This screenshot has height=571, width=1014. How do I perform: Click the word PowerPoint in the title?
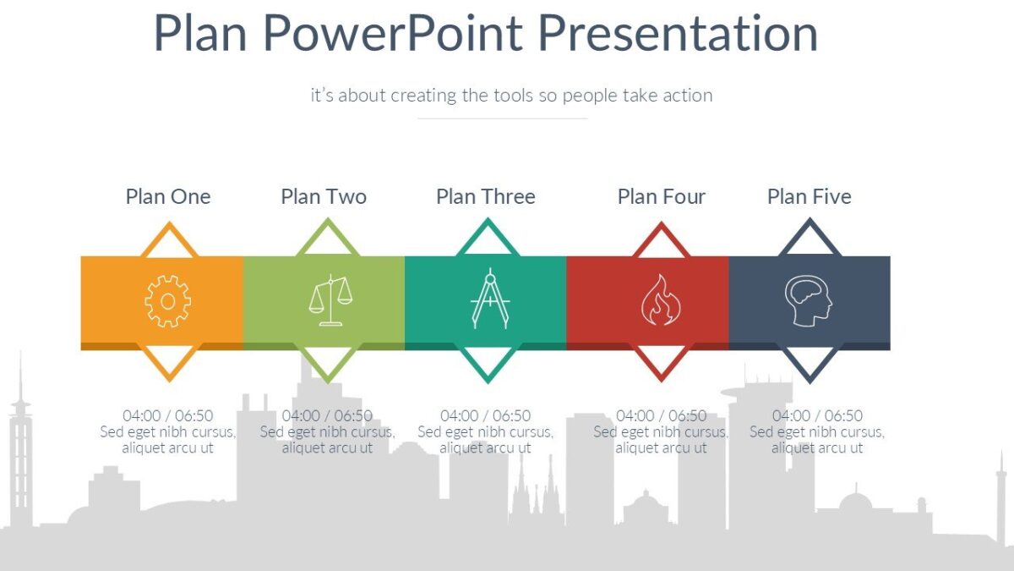tap(393, 34)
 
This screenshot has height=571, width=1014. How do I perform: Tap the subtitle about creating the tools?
tap(511, 95)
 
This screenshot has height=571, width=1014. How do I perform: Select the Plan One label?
tap(167, 196)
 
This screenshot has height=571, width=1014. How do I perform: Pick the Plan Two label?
tap(324, 196)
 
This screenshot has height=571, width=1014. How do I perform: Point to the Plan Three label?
tap(486, 196)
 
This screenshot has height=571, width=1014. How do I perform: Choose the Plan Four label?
tap(661, 196)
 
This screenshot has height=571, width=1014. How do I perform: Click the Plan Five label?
tap(809, 196)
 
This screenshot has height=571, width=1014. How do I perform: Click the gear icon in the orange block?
tap(167, 300)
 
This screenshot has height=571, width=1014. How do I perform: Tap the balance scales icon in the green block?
tap(330, 300)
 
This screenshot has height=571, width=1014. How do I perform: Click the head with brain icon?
tap(808, 300)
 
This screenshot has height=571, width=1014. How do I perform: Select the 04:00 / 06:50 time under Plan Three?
tap(486, 415)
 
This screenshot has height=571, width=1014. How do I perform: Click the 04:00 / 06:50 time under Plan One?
tap(167, 415)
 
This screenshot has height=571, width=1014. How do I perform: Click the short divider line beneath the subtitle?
tap(503, 118)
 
